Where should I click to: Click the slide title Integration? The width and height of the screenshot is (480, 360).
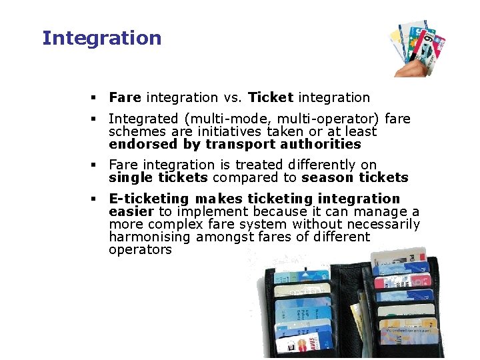point(101,38)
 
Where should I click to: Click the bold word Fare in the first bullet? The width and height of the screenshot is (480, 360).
point(125,98)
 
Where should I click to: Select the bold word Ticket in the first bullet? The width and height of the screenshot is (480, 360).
point(271,98)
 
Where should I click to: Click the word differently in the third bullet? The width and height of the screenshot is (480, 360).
point(319,165)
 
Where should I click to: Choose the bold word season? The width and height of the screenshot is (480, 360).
point(326,177)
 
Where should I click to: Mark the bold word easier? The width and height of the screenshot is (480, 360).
point(131,211)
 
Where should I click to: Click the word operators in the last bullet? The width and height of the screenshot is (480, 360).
point(140,249)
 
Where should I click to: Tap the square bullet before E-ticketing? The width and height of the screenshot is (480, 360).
point(96,199)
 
